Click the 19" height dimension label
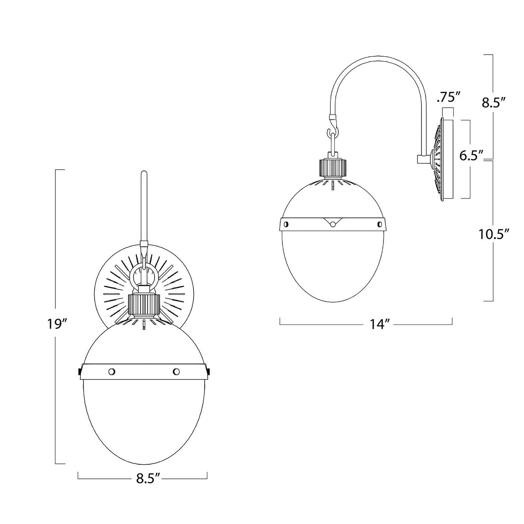click(57, 325)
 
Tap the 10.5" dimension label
click(493, 234)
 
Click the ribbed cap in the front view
click(144, 304)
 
